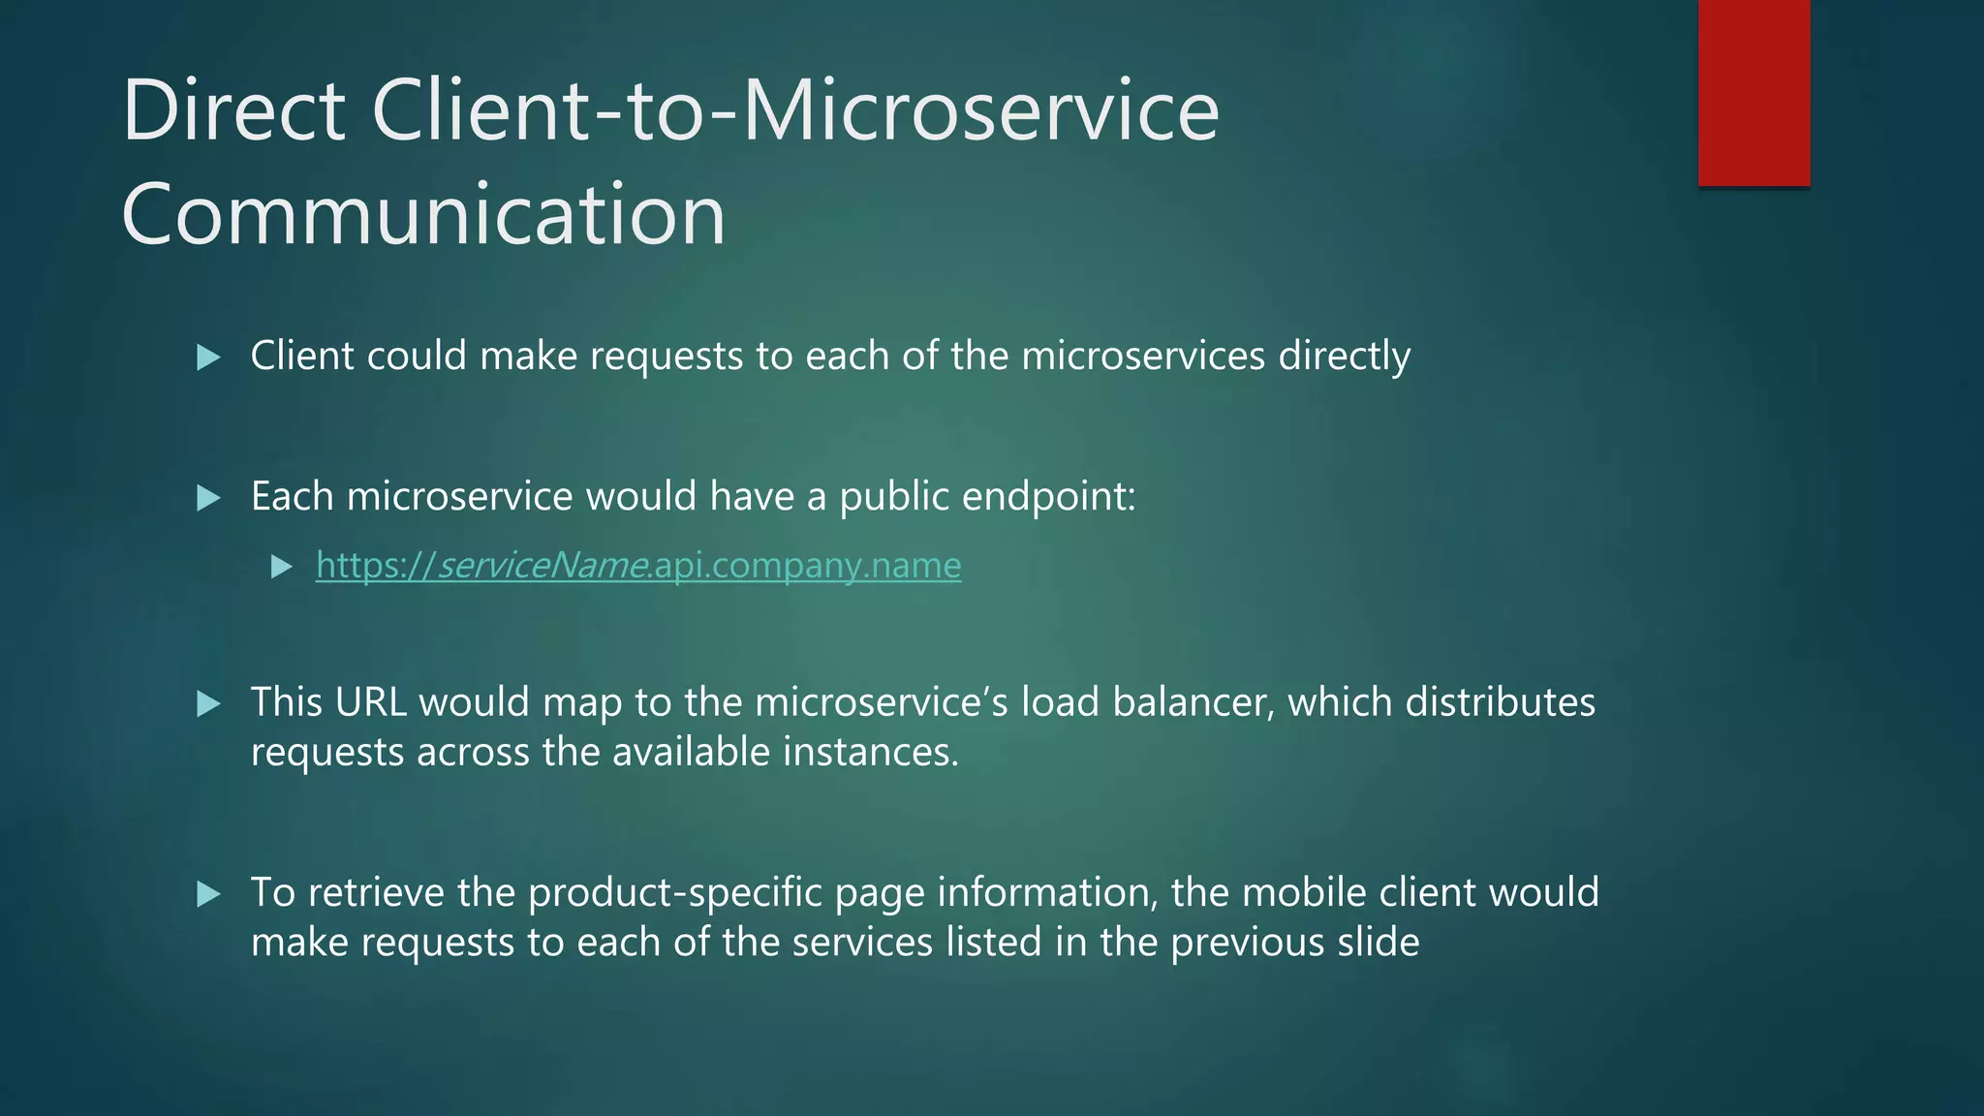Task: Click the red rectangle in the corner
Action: click(x=1753, y=92)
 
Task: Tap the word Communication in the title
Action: click(x=423, y=214)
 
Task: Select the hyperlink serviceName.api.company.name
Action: click(x=638, y=565)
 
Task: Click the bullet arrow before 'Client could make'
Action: click(x=208, y=357)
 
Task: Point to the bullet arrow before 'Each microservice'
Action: click(x=208, y=498)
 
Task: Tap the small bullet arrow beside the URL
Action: click(x=282, y=567)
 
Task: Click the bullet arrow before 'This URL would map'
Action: click(x=208, y=703)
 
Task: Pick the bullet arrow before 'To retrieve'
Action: click(x=208, y=893)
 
